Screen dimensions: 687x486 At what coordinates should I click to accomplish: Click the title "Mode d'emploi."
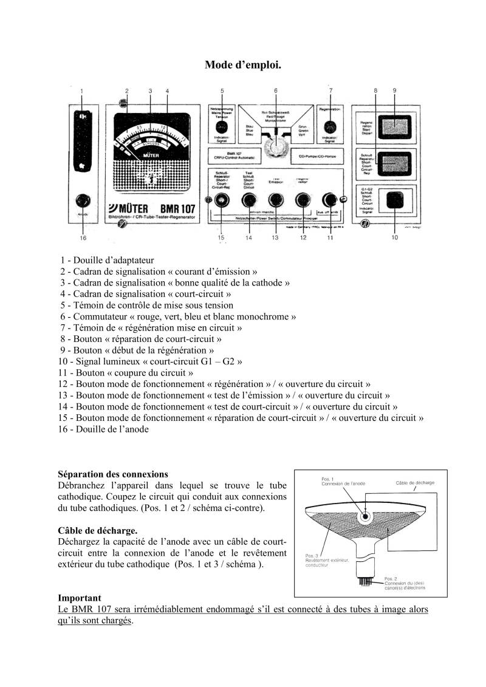242,64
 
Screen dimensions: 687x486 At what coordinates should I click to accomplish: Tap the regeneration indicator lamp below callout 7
330,128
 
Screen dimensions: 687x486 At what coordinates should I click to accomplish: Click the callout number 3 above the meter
150,91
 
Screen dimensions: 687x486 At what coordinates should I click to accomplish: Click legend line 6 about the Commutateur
178,316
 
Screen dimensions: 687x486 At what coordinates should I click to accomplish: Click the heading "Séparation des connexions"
113,474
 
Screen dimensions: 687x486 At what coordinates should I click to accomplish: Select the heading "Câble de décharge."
97,530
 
